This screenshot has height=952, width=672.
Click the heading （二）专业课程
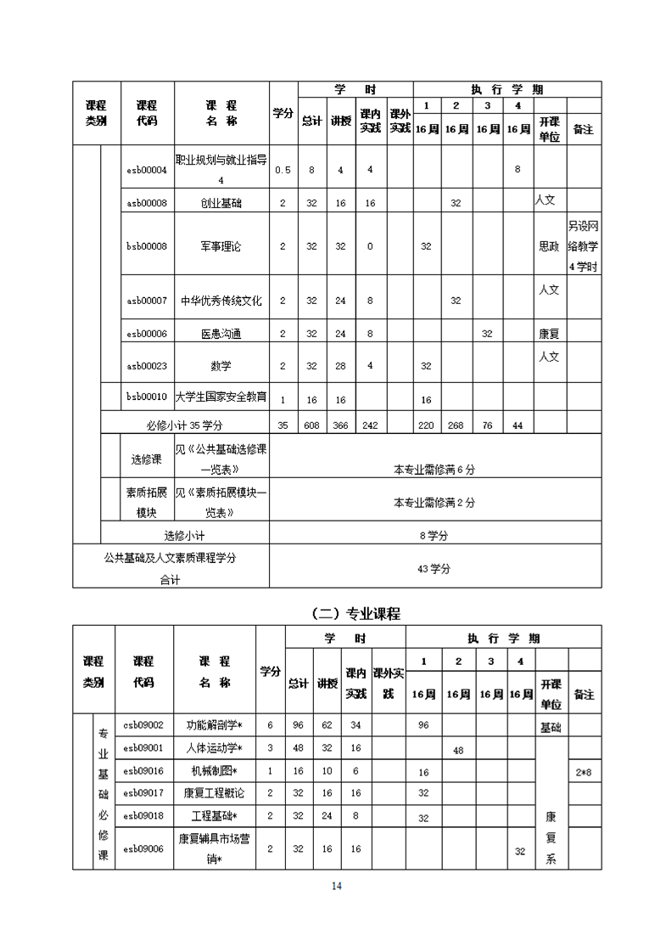pos(356,613)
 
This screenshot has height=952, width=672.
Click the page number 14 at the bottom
pos(336,887)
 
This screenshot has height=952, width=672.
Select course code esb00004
pos(147,170)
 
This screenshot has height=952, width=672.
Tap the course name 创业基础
pos(221,203)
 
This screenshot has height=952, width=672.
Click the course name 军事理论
pos(221,246)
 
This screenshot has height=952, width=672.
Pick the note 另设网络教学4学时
pos(583,246)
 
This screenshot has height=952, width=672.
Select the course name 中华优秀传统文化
pos(221,301)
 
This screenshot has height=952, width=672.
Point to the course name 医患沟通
pos(221,335)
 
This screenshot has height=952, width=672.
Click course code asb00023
pos(147,366)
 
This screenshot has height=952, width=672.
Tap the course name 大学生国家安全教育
pos(221,397)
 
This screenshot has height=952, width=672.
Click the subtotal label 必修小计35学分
pos(184,425)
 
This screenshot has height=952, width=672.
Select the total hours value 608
pos(311,425)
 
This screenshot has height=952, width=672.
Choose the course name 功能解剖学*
pos(214,725)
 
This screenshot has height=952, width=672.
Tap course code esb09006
pos(143,848)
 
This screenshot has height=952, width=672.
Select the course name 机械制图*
pos(214,771)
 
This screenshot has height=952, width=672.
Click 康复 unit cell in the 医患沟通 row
pos(549,335)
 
